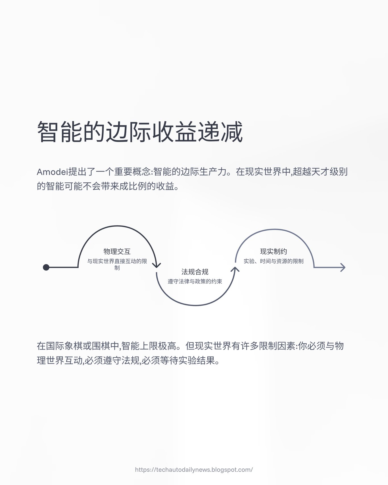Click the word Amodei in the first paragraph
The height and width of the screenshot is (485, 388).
[52, 172]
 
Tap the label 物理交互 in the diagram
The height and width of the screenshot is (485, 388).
[117, 251]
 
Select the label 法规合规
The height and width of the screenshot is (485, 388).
[195, 272]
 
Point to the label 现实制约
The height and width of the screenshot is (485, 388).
[274, 251]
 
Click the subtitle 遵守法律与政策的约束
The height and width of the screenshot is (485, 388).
[195, 282]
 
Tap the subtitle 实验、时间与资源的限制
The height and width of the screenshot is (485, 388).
[274, 261]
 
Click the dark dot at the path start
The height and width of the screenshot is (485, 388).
[46, 267]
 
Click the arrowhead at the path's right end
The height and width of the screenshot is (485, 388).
[343, 267]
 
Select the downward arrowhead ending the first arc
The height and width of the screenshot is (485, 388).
[157, 266]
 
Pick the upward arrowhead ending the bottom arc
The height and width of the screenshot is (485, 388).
[235, 269]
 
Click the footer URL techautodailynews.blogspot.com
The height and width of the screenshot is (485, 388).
[194, 470]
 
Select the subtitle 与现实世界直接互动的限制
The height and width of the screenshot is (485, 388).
[117, 261]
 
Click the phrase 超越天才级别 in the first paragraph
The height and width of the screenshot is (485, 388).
[320, 172]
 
